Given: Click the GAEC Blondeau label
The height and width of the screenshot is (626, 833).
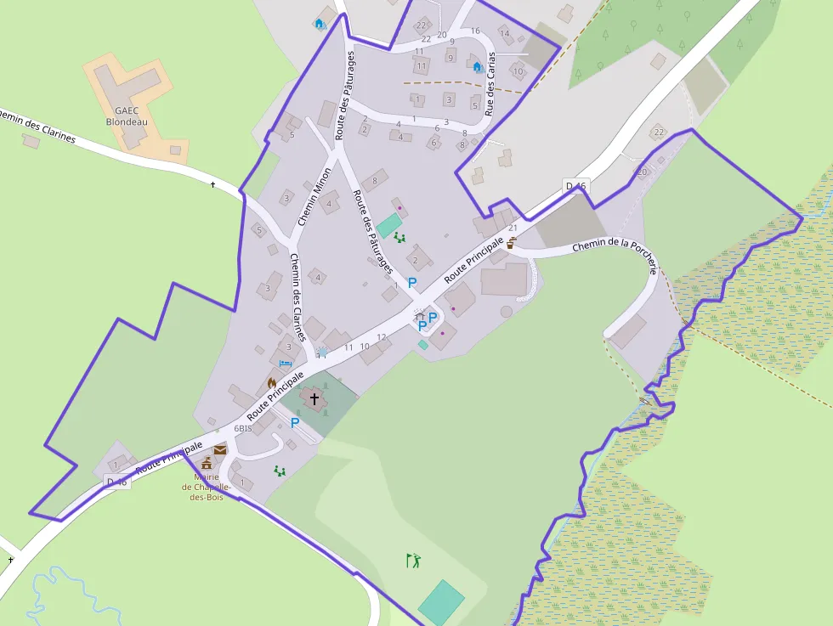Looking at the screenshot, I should click(127, 116).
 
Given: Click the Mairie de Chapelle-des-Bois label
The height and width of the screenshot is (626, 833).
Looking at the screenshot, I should click(206, 487).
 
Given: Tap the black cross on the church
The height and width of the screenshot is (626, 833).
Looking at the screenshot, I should click(314, 397).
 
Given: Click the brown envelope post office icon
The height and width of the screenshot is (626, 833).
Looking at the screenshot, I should click(220, 449).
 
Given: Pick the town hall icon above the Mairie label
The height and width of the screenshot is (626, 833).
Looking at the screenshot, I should click(206, 463).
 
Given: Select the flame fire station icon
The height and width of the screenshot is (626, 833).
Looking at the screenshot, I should click(272, 383).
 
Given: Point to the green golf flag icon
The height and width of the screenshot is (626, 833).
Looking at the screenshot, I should click(414, 561).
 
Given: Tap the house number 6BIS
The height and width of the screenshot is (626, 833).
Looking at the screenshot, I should click(243, 429).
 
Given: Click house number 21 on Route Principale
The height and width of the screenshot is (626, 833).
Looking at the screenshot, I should click(513, 228).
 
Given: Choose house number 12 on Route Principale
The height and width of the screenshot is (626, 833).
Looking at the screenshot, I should click(382, 337).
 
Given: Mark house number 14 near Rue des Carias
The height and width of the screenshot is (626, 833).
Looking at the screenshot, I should click(505, 34).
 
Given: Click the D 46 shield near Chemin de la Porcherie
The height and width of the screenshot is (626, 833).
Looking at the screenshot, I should click(575, 186).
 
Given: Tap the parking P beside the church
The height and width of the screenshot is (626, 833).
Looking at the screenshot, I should click(295, 423).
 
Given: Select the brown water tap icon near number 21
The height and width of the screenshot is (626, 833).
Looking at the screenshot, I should click(512, 243).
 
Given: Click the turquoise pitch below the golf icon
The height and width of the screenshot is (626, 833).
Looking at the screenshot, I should click(441, 601).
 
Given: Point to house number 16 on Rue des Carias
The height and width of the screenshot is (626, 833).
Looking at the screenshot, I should click(475, 31).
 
